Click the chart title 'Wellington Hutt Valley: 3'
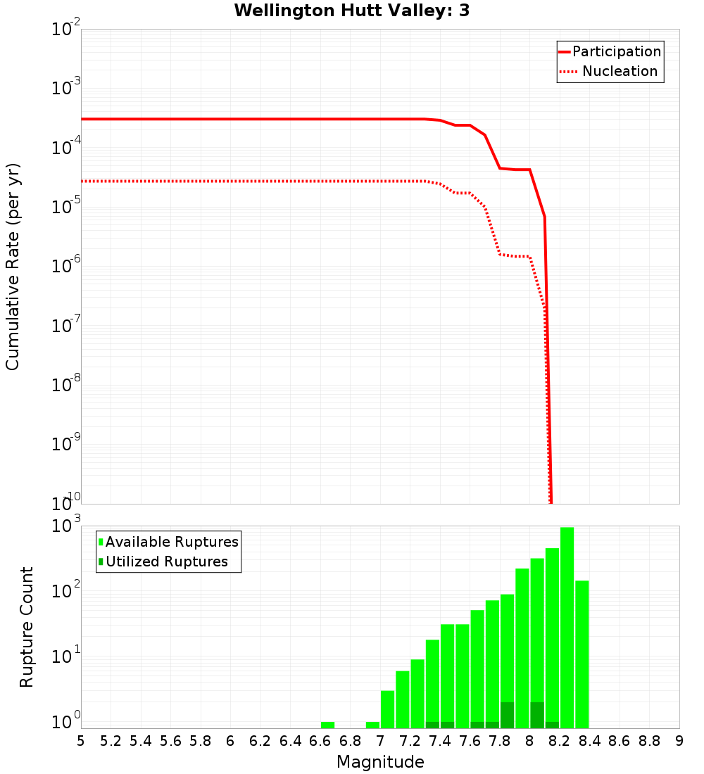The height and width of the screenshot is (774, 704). point(352,11)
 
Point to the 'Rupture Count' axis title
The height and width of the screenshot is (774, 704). point(27,626)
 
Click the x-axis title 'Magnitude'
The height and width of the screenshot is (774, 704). point(380,761)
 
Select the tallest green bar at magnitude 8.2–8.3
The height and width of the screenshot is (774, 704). point(567,626)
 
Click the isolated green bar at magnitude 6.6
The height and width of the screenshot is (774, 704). point(327,725)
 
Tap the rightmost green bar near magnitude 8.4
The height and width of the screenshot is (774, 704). point(582,654)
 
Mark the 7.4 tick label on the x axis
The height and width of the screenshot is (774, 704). point(440,741)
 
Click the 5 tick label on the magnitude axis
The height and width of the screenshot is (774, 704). point(81,741)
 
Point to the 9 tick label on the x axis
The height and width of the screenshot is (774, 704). point(679,741)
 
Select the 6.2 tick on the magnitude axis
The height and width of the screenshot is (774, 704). point(260,741)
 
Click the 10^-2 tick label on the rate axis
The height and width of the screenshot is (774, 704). point(66,30)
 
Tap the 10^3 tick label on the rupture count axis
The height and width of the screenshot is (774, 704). point(66,526)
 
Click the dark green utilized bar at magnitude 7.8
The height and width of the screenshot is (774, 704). point(507,715)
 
